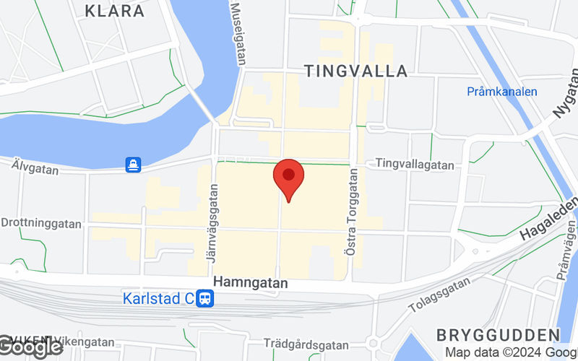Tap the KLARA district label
point(114,11)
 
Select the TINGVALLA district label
point(356,71)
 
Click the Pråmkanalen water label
point(501,92)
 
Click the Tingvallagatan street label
point(415,165)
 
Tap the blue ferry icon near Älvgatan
point(133,165)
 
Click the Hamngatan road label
point(251,284)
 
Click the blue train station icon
point(206,297)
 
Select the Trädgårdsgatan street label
point(301,343)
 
